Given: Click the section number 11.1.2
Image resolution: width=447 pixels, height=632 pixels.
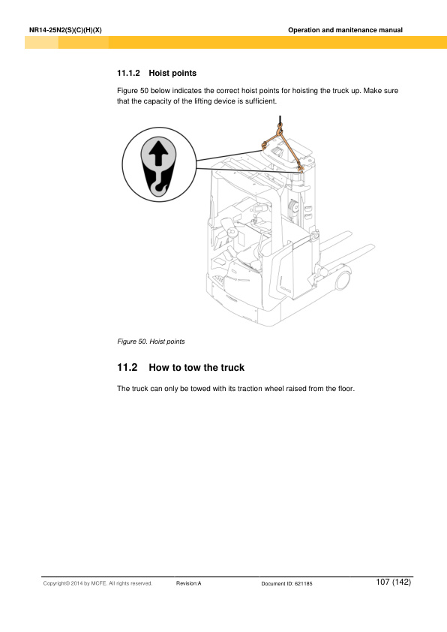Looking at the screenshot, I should (130, 74).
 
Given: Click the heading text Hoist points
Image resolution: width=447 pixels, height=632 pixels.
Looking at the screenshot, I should (172, 74).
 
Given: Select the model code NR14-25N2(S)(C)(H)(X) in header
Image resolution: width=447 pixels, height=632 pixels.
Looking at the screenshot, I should (64, 30).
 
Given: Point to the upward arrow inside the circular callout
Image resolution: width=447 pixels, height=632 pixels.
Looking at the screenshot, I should (157, 155).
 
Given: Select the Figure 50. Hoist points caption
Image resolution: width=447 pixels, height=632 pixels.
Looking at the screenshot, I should (151, 342).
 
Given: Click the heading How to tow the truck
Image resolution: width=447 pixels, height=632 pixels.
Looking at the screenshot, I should (196, 369).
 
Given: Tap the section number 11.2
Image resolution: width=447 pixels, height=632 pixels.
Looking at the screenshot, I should (128, 369).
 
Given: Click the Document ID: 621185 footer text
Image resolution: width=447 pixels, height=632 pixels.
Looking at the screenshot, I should (286, 583).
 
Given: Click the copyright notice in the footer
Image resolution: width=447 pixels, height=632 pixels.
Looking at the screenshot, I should (97, 583).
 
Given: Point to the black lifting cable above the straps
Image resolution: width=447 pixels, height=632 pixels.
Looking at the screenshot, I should (279, 122).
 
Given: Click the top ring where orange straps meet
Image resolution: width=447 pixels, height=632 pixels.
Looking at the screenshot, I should (279, 133).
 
